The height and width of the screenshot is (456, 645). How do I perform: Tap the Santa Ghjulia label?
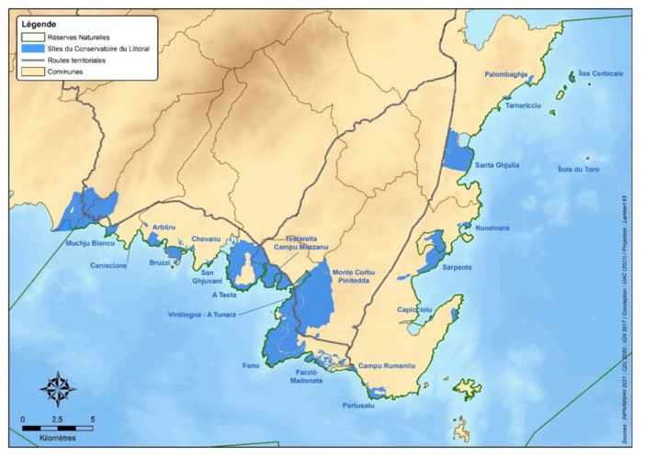click(x=497, y=165)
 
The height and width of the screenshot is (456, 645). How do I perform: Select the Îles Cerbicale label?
click(x=602, y=73)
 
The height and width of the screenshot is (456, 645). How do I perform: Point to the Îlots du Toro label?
click(x=579, y=171)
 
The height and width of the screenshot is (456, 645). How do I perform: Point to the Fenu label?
click(x=251, y=365)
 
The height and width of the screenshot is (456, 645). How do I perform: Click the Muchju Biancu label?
click(x=90, y=243)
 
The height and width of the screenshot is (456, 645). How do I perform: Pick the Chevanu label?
click(x=208, y=239)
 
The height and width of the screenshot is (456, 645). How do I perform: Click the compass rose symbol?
click(x=58, y=389)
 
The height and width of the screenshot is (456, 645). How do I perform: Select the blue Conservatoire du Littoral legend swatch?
click(x=32, y=46)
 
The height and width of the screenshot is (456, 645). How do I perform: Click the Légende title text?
click(x=36, y=21)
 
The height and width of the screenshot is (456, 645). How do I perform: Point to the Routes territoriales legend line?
click(x=32, y=59)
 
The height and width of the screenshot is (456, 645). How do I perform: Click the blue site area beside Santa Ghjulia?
click(x=456, y=150)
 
